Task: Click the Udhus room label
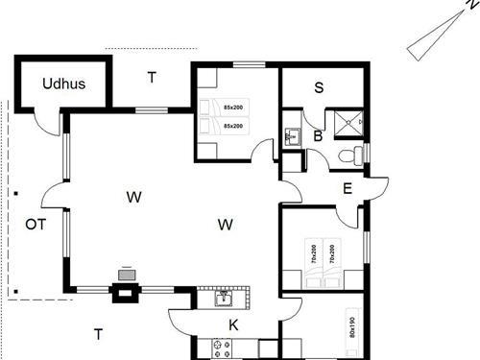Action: click(64, 84)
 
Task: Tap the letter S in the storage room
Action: click(319, 87)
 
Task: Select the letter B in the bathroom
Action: click(318, 136)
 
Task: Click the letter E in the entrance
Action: click(348, 188)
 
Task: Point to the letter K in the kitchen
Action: click(233, 325)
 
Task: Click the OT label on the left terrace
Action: click(36, 225)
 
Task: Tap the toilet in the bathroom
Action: click(350, 156)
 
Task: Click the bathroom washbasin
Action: click(293, 136)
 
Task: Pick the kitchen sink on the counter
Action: click(224, 299)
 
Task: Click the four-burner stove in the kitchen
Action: click(222, 348)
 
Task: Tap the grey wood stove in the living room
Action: click(127, 275)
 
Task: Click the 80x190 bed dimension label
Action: click(352, 327)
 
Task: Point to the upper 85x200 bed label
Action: click(233, 108)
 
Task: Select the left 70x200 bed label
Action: click(314, 254)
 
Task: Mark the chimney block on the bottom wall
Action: click(126, 293)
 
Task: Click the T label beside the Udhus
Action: click(152, 78)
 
